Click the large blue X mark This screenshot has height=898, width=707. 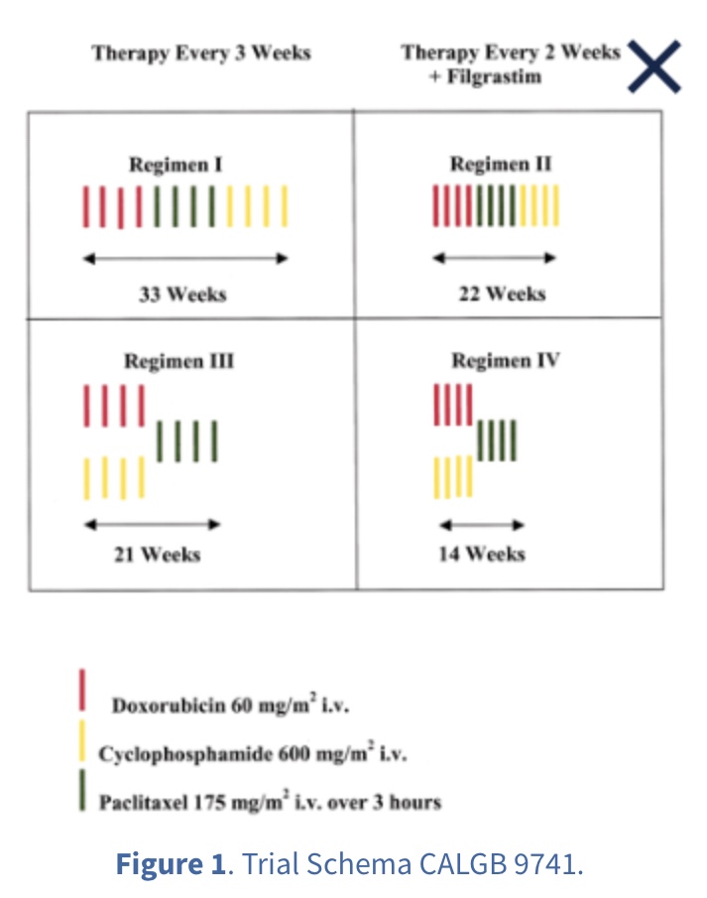click(654, 65)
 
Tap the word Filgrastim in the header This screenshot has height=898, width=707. click(493, 76)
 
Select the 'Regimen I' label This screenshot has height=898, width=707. click(175, 164)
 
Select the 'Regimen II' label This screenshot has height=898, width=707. click(500, 164)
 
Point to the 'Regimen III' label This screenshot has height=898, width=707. click(178, 360)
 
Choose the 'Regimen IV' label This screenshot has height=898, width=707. click(505, 360)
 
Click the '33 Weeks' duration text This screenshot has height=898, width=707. click(182, 294)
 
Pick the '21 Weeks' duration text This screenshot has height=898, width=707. click(157, 554)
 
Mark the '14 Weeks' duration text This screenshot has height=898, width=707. click(481, 554)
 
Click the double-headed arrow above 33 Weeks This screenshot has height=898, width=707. click(185, 259)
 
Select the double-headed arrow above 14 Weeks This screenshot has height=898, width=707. click(481, 525)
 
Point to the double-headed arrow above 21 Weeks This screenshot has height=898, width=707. click(152, 525)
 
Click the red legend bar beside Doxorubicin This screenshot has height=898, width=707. click(82, 691)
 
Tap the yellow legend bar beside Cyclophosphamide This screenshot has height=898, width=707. click(82, 741)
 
